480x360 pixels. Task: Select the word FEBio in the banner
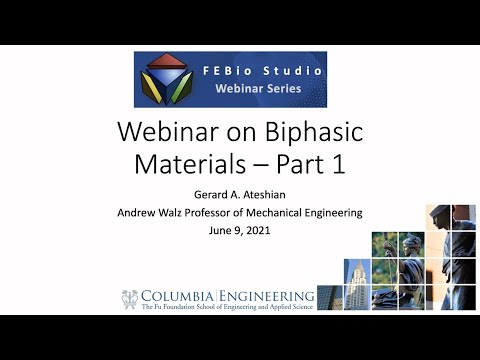pyautogui.click(x=219, y=71)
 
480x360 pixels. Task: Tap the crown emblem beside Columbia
pyautogui.click(x=129, y=298)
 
